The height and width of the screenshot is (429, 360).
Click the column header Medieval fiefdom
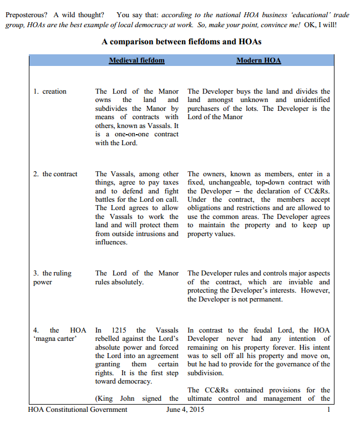tap(136, 60)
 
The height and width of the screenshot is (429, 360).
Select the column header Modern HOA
tap(258, 60)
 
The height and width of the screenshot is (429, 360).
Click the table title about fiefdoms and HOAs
tap(181, 42)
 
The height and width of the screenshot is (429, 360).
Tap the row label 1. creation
tap(50, 91)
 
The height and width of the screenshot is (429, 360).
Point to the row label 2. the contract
tap(55, 174)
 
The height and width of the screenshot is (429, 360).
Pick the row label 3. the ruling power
tap(53, 278)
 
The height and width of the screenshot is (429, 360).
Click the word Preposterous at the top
tap(26, 14)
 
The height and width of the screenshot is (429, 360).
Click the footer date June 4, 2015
tap(186, 410)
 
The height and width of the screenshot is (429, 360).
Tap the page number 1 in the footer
tap(329, 410)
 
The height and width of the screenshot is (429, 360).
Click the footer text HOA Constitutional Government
tap(78, 410)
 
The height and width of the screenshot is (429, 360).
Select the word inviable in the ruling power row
tap(300, 282)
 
